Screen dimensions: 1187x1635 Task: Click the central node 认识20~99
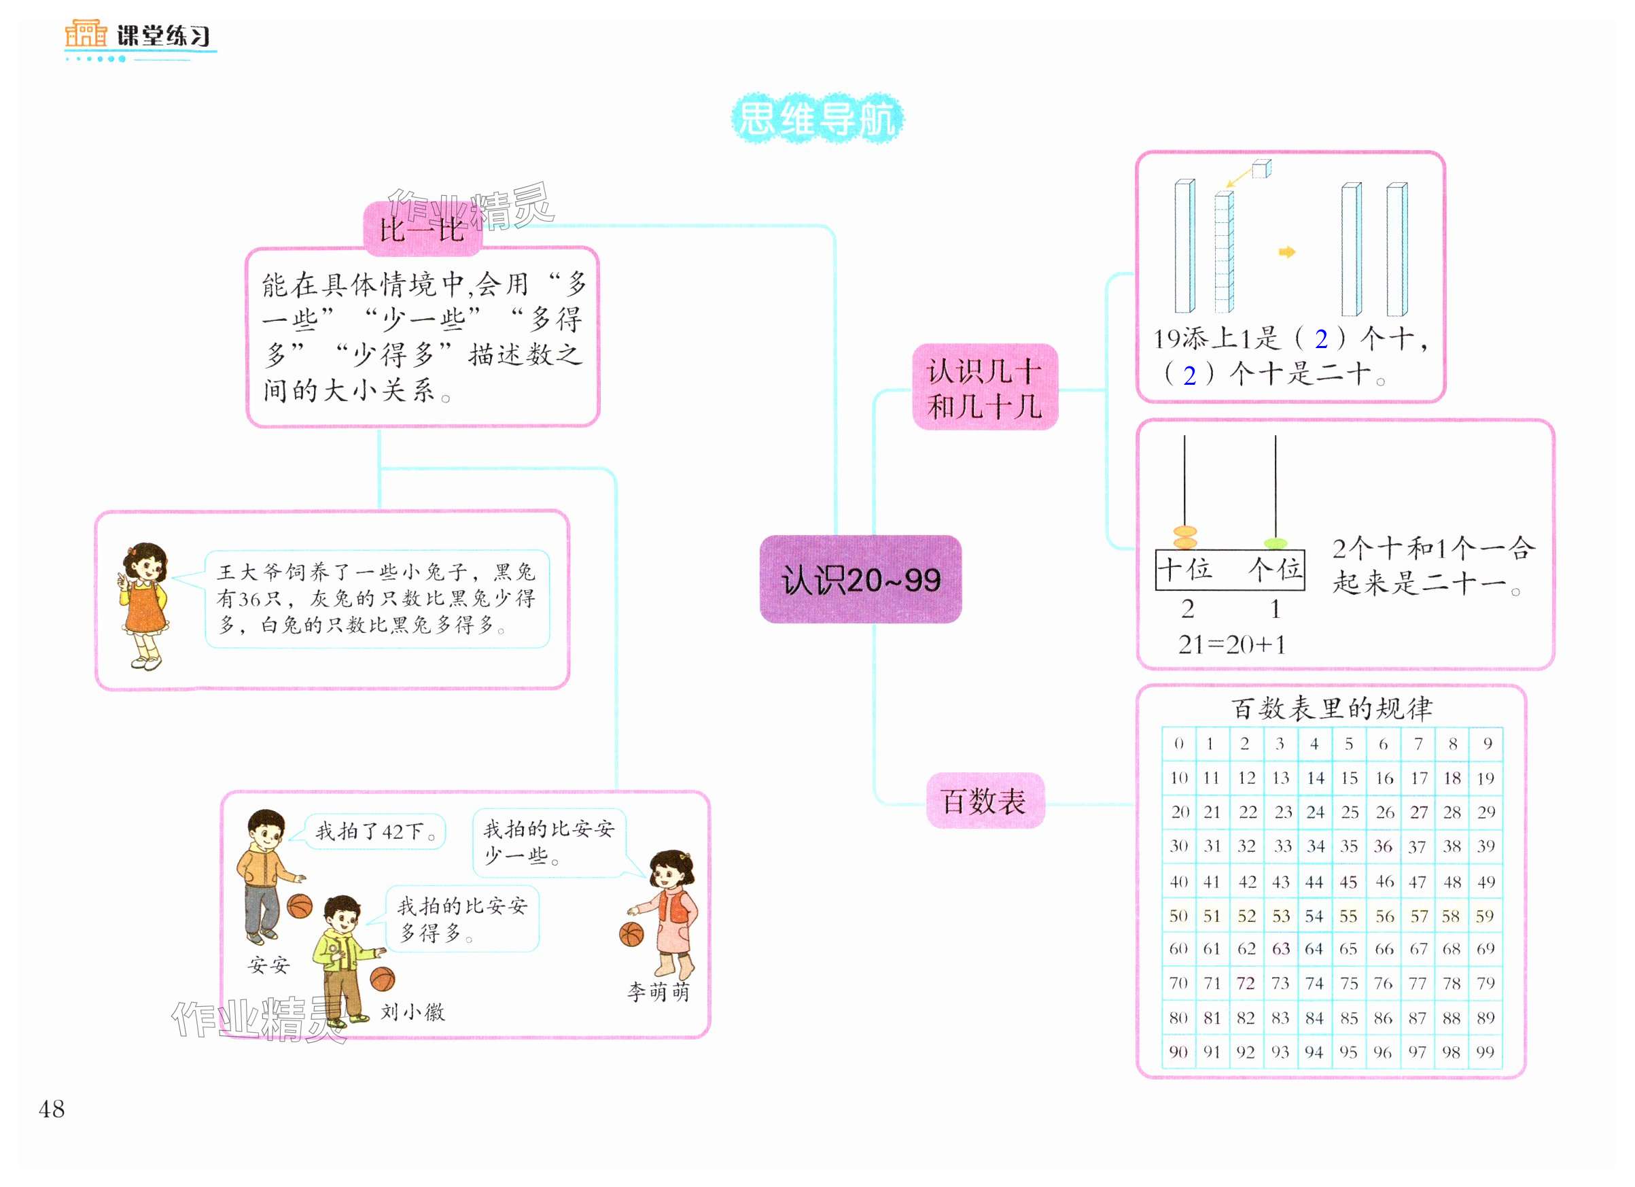(860, 579)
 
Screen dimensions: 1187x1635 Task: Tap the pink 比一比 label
(422, 230)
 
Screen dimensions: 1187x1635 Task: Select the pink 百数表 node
(984, 801)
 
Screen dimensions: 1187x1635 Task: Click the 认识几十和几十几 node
(985, 388)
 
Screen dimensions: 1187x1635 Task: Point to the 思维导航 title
(817, 118)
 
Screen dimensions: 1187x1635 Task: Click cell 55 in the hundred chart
(1348, 916)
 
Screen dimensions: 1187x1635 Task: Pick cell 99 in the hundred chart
(1485, 1052)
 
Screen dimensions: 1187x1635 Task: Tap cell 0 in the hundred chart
(1178, 744)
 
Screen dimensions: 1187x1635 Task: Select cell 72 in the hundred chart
(1246, 984)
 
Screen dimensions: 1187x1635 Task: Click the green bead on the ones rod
(1276, 543)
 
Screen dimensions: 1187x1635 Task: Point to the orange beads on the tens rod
(1185, 537)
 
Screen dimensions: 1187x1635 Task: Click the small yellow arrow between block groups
(1287, 252)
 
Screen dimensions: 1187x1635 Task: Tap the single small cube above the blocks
(1261, 169)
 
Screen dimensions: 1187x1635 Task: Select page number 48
(51, 1109)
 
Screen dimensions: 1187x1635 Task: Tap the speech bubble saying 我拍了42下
(376, 831)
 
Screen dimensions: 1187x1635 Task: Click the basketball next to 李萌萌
(631, 935)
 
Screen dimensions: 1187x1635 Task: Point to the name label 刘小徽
(412, 1012)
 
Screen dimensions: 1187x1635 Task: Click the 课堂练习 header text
(164, 35)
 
